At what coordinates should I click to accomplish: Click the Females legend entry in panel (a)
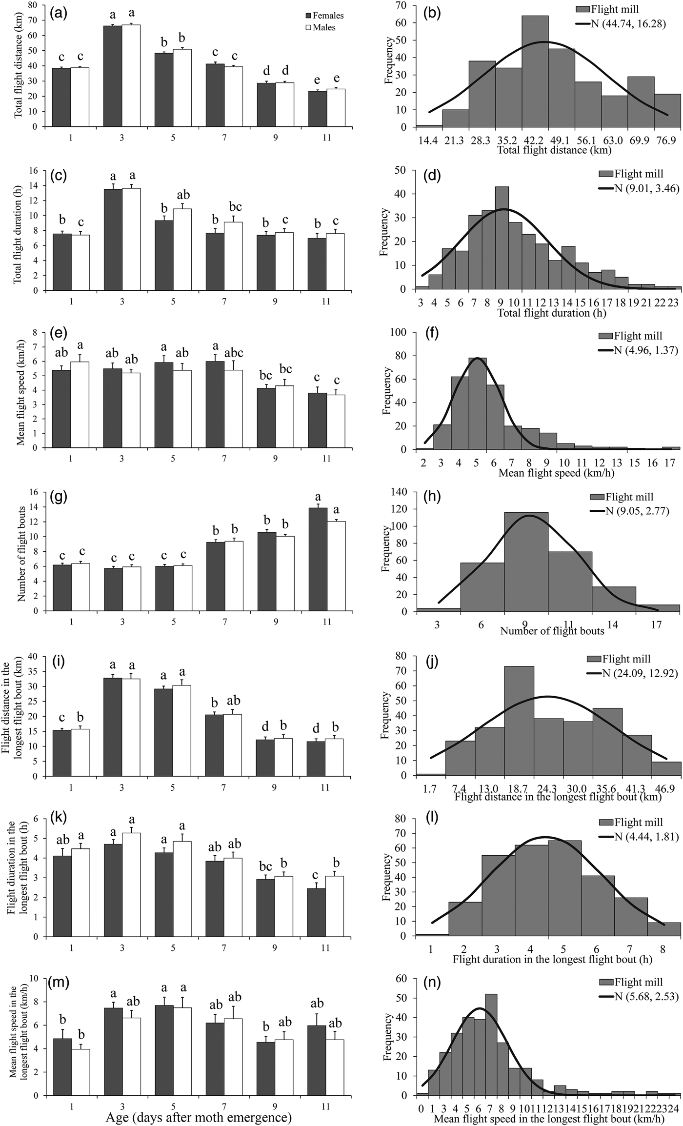click(x=325, y=16)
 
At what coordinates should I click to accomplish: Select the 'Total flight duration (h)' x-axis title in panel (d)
click(x=552, y=313)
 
